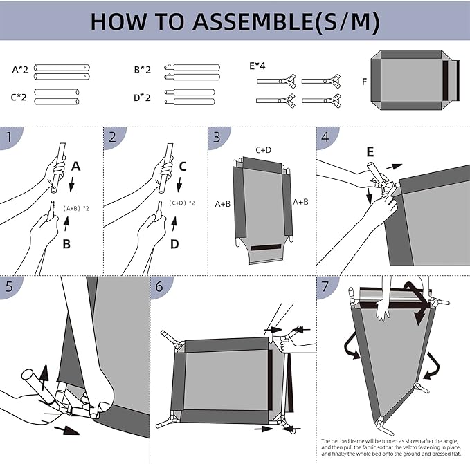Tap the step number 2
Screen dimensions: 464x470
click(x=113, y=137)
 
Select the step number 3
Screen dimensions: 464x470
click(x=217, y=137)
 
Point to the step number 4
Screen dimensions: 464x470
click(x=325, y=137)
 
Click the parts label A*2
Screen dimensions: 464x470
click(x=20, y=70)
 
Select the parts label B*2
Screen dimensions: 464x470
click(x=142, y=70)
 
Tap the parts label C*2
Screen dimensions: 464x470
click(x=19, y=98)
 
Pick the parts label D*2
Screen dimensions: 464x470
click(x=142, y=98)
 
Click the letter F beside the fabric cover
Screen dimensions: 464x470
click(x=364, y=82)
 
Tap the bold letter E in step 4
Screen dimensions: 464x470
click(x=370, y=151)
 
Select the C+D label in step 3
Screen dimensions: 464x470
click(x=263, y=149)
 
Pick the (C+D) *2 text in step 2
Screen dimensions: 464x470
click(x=182, y=203)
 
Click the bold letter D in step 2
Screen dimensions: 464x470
click(x=174, y=244)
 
